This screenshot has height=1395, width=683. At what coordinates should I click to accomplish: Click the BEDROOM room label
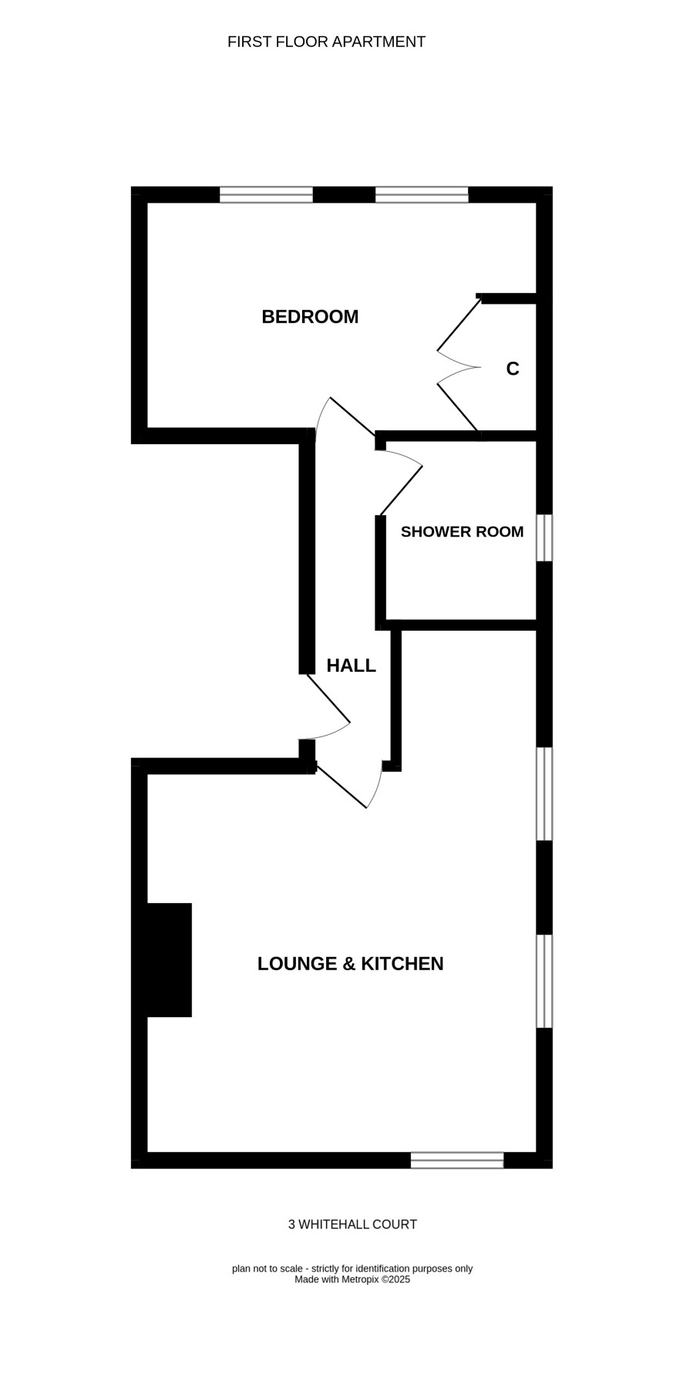point(310,316)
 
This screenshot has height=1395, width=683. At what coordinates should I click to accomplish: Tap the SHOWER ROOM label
point(462,531)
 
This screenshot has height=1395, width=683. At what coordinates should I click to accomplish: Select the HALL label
point(351,665)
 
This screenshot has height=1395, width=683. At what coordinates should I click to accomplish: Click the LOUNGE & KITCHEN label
point(350,963)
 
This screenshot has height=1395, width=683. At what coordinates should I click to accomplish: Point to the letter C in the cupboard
point(513,369)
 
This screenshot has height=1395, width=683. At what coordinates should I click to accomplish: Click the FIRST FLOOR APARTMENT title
point(326,42)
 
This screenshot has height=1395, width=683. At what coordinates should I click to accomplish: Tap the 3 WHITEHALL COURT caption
point(352,1224)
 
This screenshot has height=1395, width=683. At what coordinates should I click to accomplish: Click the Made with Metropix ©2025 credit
point(352,1279)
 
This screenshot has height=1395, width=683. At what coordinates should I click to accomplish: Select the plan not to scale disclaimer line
point(352,1269)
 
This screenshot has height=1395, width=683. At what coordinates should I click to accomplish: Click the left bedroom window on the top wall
point(266,194)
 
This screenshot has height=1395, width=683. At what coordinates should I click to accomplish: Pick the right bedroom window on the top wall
point(422,194)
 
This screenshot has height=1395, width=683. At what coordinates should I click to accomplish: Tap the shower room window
point(544,537)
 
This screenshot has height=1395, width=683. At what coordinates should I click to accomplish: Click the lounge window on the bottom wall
point(457,1160)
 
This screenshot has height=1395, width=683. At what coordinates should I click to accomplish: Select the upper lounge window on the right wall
point(544,794)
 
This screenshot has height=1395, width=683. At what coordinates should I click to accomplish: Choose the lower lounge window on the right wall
point(544,981)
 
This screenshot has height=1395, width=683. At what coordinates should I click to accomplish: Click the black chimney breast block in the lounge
point(169,960)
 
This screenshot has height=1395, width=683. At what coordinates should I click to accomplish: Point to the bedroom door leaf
point(353,416)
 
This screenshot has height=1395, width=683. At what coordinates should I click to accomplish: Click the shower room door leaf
point(400,490)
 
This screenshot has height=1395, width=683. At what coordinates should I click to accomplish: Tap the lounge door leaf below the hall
point(340,786)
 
